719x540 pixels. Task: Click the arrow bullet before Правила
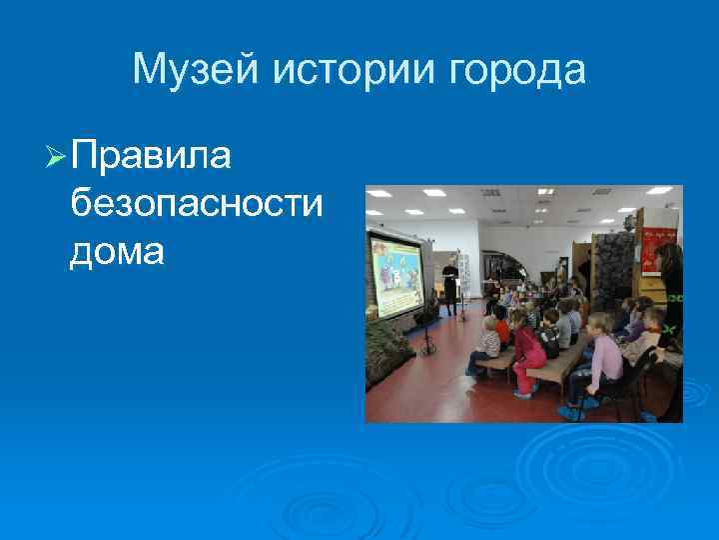(x=56, y=156)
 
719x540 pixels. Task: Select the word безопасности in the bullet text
(x=197, y=204)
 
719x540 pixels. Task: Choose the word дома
(x=117, y=252)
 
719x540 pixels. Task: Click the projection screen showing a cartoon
(x=396, y=275)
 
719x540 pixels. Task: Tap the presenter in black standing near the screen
(x=451, y=284)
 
